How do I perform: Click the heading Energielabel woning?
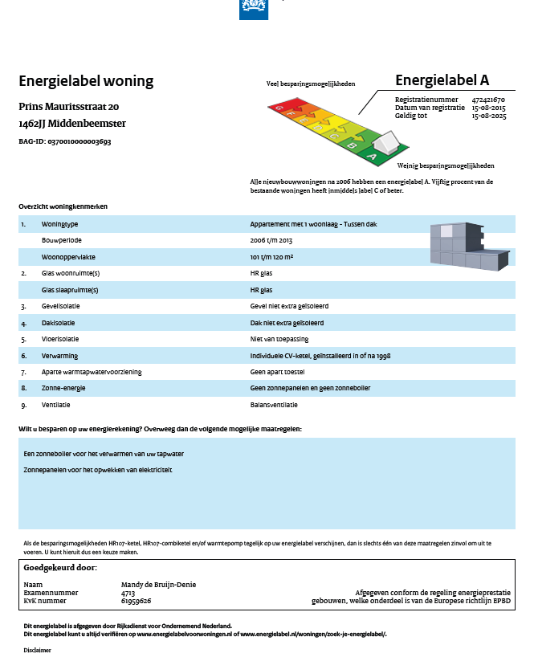[86, 81]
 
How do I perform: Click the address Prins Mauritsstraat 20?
[69, 107]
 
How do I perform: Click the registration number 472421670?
[488, 99]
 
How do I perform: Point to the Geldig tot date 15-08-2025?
[488, 116]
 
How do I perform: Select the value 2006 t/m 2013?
[271, 240]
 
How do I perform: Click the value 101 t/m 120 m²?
[271, 257]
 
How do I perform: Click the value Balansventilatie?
[274, 405]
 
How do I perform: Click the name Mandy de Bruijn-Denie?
[158, 585]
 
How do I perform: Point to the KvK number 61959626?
[136, 600]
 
